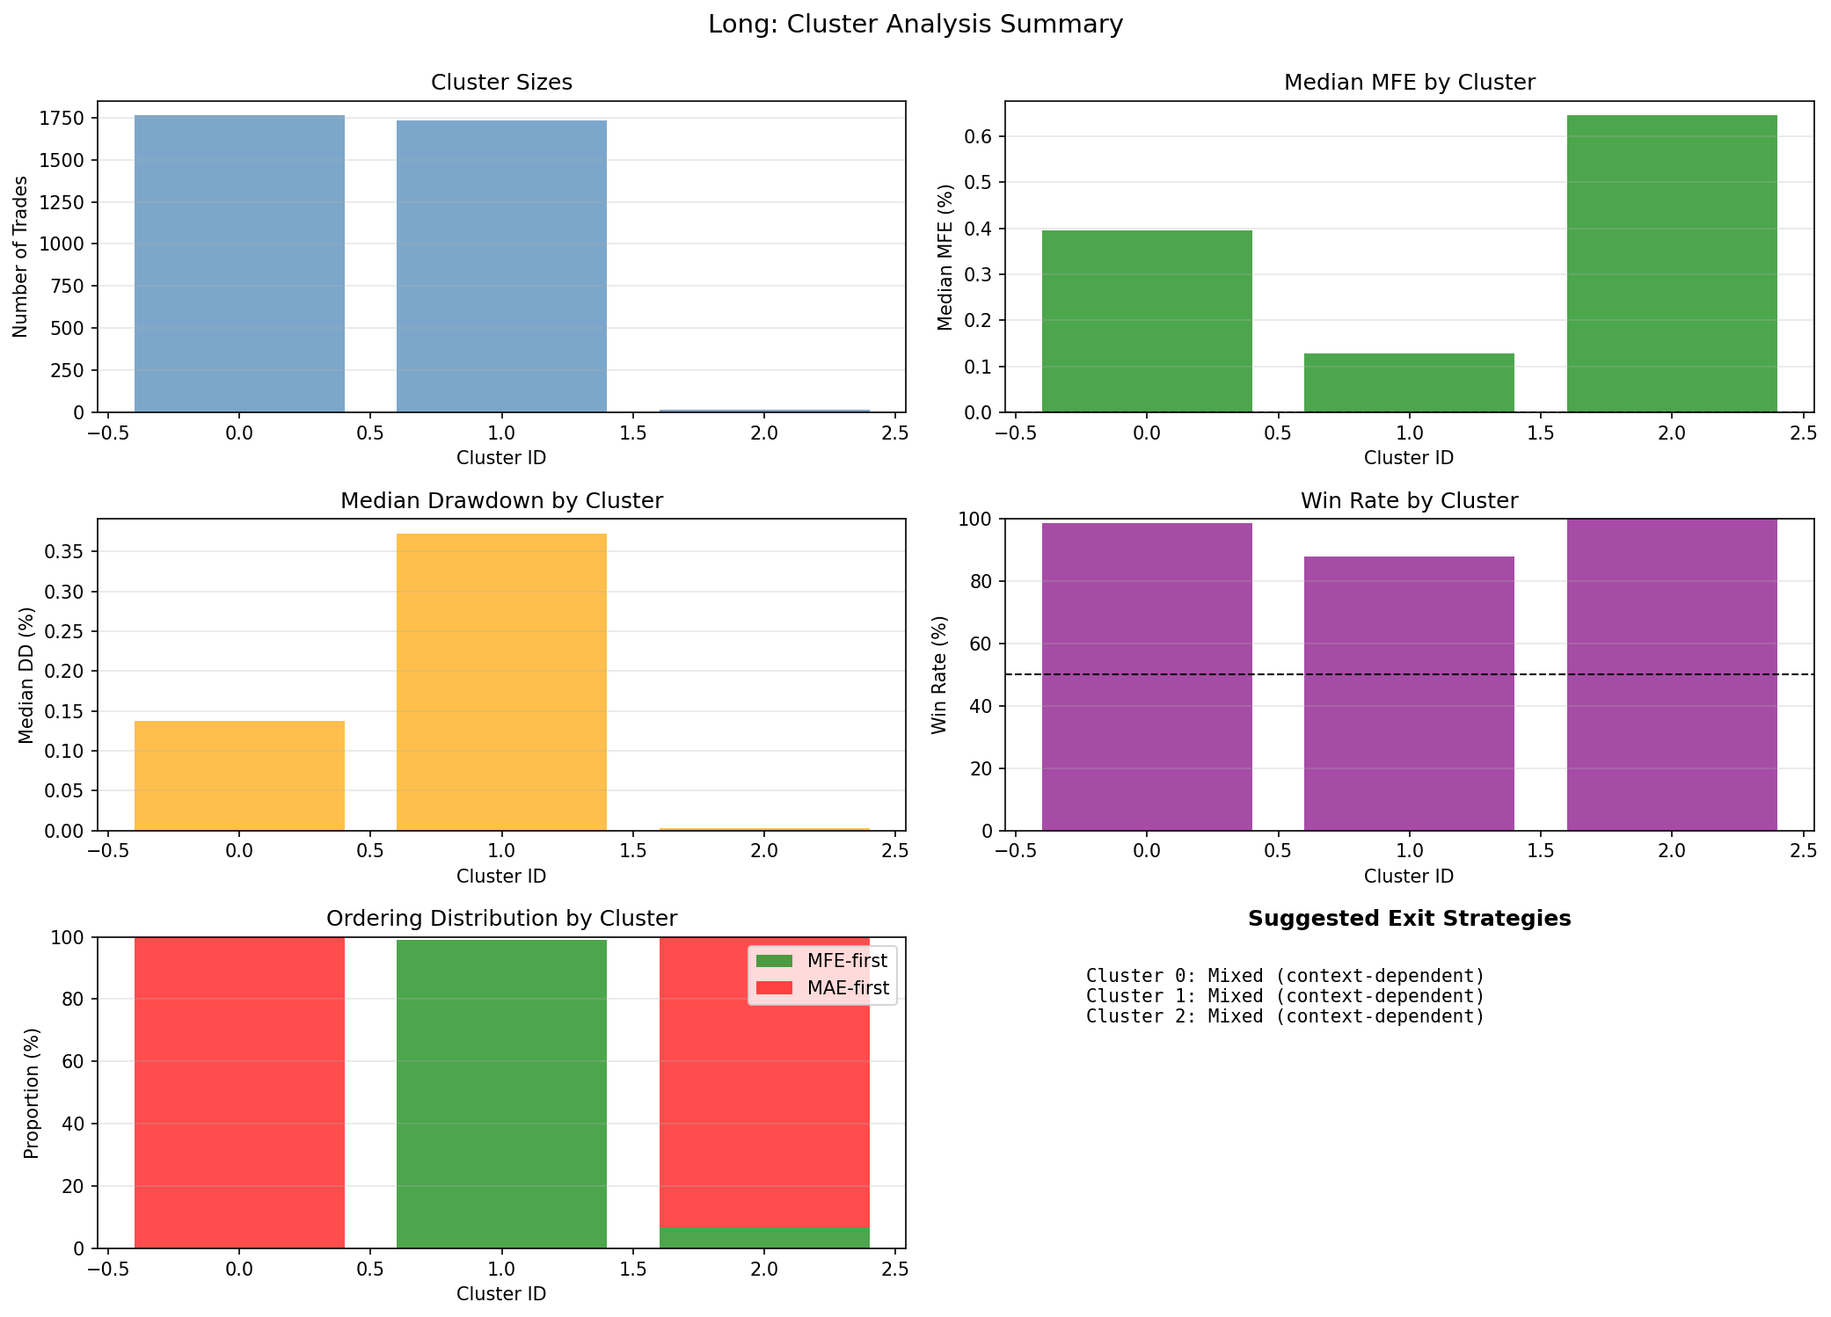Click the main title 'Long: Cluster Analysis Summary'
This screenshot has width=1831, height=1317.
[915, 25]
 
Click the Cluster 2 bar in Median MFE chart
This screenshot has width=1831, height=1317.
[1671, 264]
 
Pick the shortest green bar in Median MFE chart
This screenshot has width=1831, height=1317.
[1409, 383]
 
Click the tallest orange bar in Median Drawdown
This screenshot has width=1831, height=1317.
[501, 682]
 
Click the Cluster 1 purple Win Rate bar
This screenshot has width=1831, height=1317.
[1409, 694]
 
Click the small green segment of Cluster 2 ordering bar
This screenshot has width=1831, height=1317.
[764, 1237]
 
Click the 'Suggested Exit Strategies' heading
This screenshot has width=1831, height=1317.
[1409, 919]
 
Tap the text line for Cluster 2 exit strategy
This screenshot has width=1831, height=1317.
[1285, 1016]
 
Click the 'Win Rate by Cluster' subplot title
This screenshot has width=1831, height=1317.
[1409, 501]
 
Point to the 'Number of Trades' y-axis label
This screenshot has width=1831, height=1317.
[21, 257]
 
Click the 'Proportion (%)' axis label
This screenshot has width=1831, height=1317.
[32, 1093]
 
